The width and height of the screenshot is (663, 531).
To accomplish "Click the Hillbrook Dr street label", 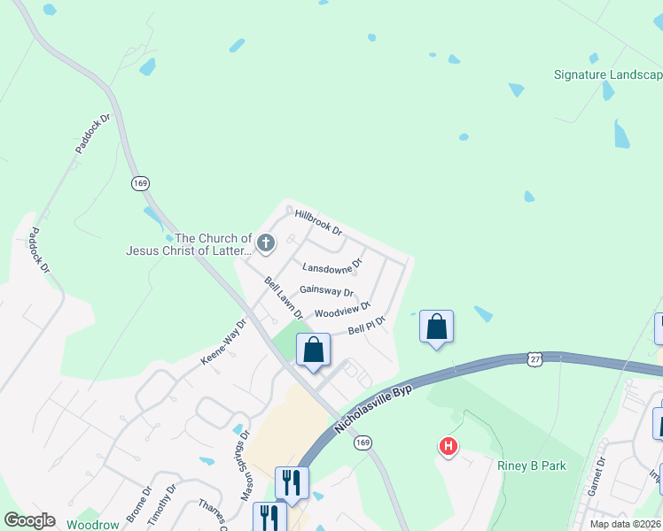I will coord(318,222).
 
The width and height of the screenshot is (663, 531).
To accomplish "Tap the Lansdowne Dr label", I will coord(332,265).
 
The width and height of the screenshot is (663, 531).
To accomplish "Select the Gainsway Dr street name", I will coord(326,290).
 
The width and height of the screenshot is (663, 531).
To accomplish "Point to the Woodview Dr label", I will coord(342,311).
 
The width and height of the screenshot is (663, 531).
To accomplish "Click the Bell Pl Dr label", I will coord(367,326).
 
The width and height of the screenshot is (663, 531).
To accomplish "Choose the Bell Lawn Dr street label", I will coord(284,297).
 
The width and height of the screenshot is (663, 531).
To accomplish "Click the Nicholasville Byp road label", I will coord(376,401).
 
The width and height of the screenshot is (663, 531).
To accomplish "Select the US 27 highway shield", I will coord(534,358).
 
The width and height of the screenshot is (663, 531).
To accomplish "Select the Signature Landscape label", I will coord(608,74).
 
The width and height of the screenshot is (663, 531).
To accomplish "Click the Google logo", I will coord(29,520).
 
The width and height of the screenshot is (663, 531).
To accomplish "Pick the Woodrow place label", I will coord(92,524).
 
